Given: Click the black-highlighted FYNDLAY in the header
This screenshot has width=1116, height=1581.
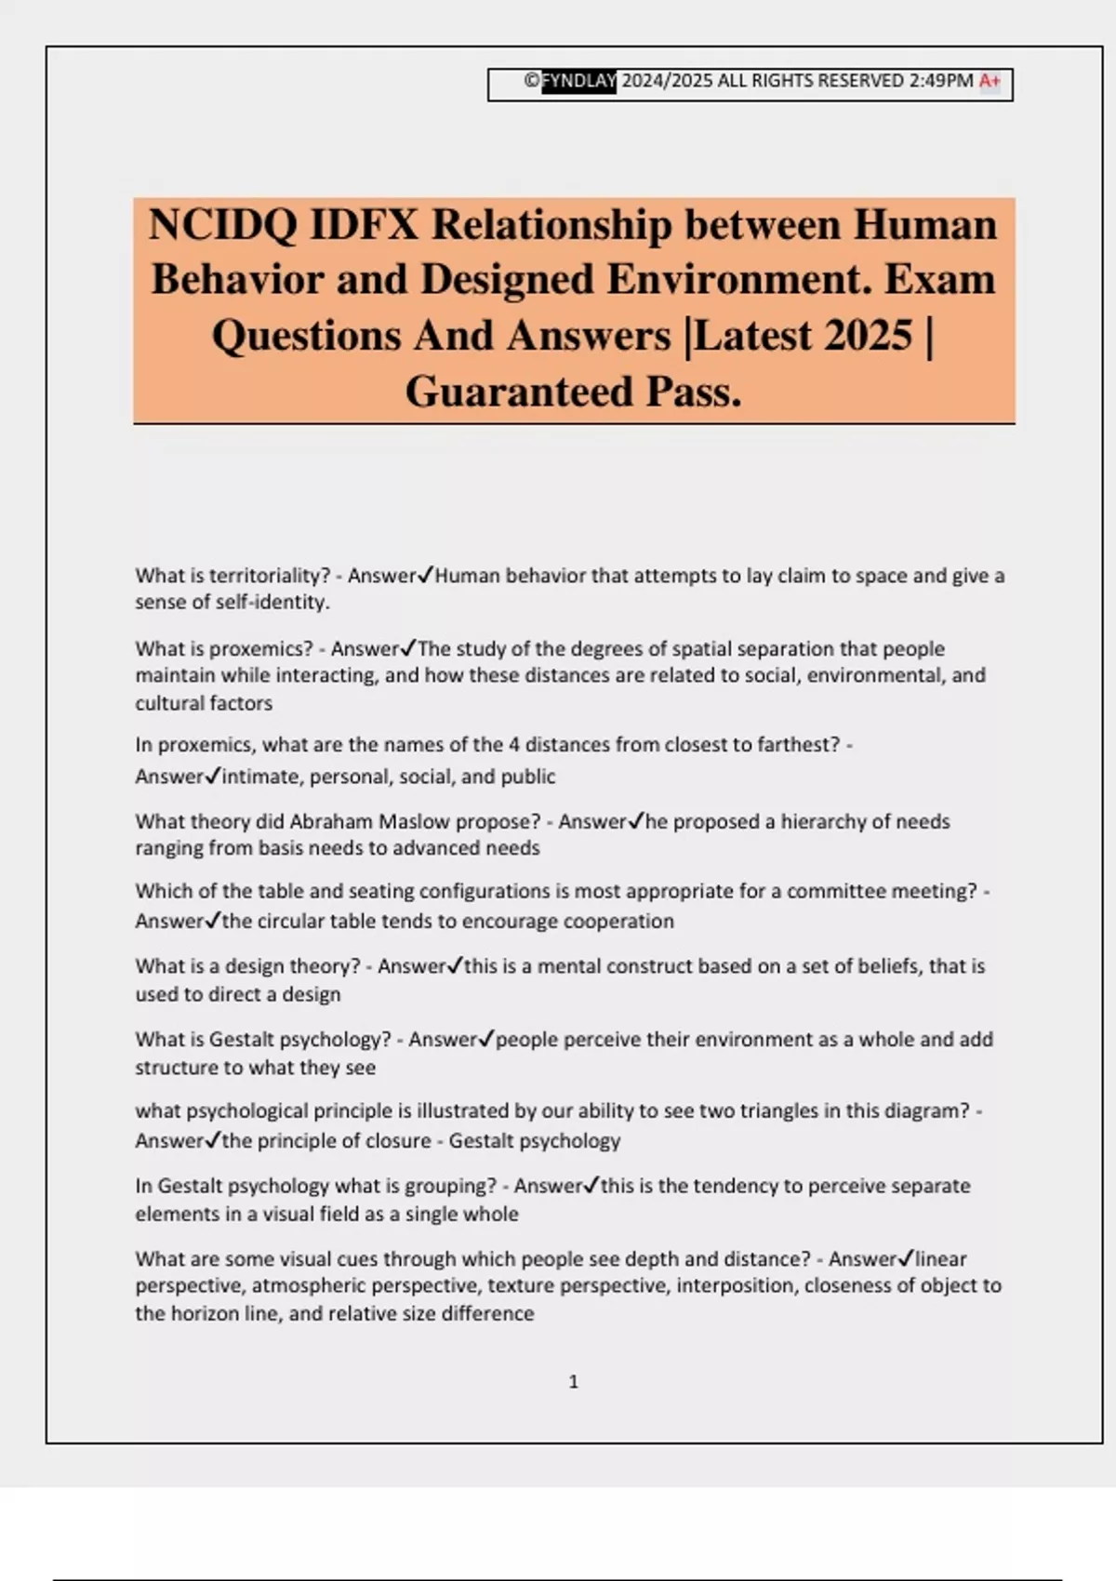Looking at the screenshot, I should (x=578, y=82).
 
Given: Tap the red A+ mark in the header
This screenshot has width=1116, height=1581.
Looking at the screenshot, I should (x=990, y=82).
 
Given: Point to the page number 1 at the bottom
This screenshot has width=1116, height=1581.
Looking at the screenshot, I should (x=573, y=1382).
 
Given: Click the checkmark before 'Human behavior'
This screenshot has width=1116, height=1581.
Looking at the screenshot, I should (x=425, y=576).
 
